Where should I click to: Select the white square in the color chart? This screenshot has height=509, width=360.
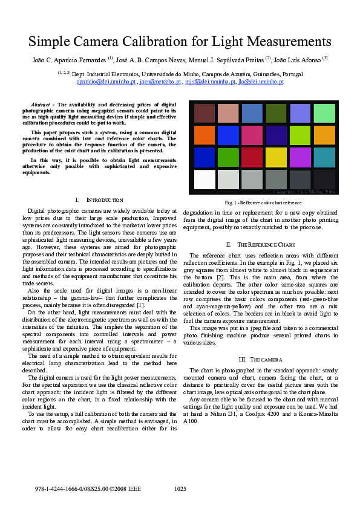pyautogui.click(x=205, y=180)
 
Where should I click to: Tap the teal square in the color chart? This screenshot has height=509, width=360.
pyautogui.click(x=324, y=157)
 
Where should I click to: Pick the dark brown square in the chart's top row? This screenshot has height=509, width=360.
pyautogui.click(x=205, y=113)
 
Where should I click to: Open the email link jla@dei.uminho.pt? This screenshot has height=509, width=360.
pyautogui.click(x=261, y=81)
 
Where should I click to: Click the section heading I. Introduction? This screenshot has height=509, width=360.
pyautogui.click(x=99, y=200)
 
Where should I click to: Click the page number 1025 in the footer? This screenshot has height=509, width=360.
pyautogui.click(x=180, y=488)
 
